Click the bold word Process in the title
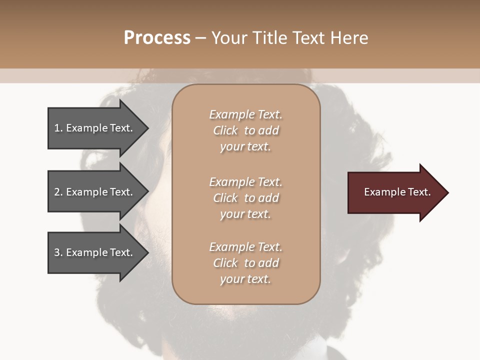click(x=157, y=38)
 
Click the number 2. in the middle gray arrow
click(x=58, y=192)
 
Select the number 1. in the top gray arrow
click(x=58, y=128)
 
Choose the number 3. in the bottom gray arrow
click(x=58, y=252)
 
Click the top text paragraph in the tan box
click(x=245, y=130)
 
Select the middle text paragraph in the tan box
click(x=245, y=198)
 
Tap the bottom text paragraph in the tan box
click(x=245, y=263)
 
